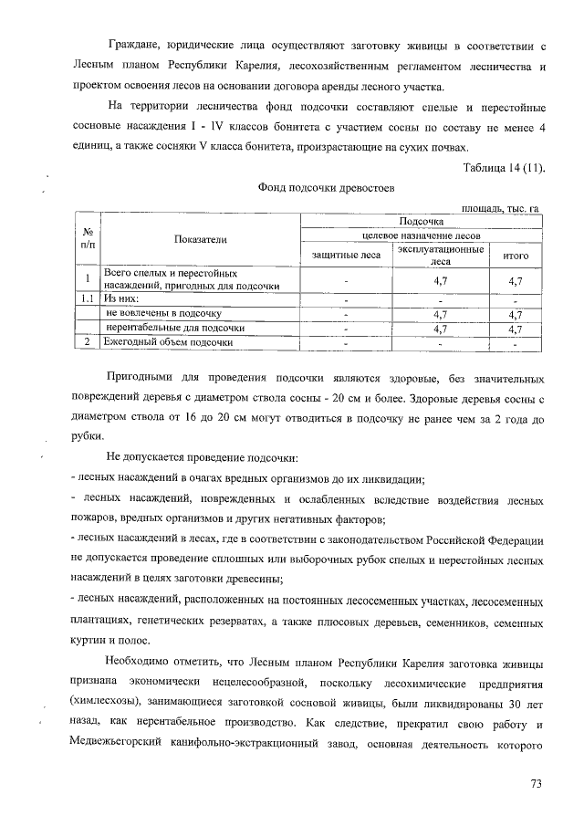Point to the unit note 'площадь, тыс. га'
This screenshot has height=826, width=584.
pyautogui.click(x=500, y=210)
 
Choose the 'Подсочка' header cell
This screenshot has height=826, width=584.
pyautogui.click(x=421, y=221)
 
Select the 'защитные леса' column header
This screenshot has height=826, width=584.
pyautogui.click(x=347, y=255)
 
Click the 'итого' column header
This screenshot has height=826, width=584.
pyautogui.click(x=516, y=255)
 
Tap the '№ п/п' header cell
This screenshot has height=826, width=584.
pyautogui.click(x=86, y=239)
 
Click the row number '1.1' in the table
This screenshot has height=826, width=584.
pyautogui.click(x=86, y=298)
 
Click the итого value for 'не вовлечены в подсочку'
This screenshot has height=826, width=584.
pyautogui.click(x=516, y=313)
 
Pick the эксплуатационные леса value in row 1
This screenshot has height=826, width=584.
pyautogui.click(x=441, y=280)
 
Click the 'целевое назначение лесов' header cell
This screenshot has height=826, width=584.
pyautogui.click(x=421, y=235)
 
